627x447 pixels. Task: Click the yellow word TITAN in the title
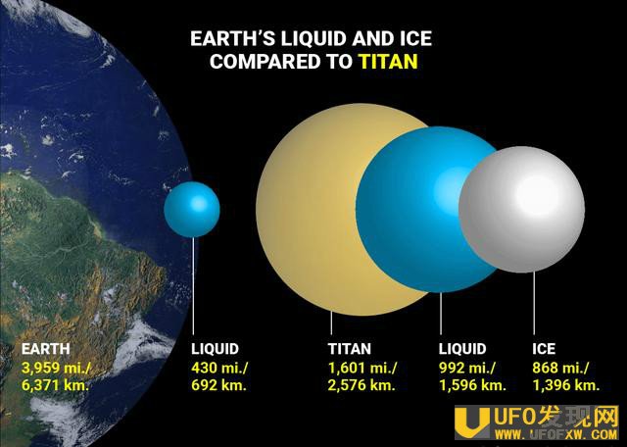pyautogui.click(x=388, y=61)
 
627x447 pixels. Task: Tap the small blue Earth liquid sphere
pyautogui.click(x=192, y=210)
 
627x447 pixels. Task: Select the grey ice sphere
pyautogui.click(x=521, y=210)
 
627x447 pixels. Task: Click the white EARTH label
pyautogui.click(x=46, y=349)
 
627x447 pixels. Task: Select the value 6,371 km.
pyautogui.click(x=55, y=386)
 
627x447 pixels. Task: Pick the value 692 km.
pyautogui.click(x=218, y=385)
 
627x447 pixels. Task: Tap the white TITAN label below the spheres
pyautogui.click(x=350, y=349)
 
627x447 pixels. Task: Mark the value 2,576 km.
pyautogui.click(x=362, y=385)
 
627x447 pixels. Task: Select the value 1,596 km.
pyautogui.click(x=472, y=385)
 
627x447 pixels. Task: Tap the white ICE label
pyautogui.click(x=544, y=349)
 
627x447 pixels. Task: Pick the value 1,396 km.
pyautogui.click(x=566, y=385)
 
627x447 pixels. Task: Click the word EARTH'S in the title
pyautogui.click(x=233, y=39)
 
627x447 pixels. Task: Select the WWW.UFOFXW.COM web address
pyautogui.click(x=556, y=434)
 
